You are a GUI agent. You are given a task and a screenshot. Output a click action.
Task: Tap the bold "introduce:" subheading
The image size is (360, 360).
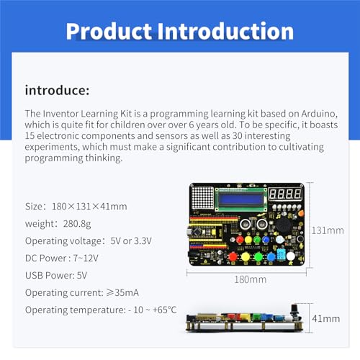[x=57, y=91]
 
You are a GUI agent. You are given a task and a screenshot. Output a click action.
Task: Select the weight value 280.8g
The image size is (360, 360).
[x=77, y=224]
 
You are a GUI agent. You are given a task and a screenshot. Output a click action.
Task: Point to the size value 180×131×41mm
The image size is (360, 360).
[x=89, y=207]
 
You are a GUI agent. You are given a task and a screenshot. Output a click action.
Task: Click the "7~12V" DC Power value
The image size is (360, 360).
[x=86, y=258]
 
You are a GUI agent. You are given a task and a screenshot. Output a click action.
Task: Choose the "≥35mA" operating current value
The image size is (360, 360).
[x=122, y=292]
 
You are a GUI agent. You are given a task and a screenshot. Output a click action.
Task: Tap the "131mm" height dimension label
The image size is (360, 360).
[x=328, y=230]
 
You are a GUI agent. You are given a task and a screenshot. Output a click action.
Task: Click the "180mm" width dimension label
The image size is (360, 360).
[x=251, y=279]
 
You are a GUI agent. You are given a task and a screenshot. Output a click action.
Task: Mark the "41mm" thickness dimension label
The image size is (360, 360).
[x=326, y=319]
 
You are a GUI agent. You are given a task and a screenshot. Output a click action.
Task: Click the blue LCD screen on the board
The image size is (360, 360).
[x=241, y=199]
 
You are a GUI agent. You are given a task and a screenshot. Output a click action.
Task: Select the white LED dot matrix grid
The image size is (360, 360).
[x=203, y=197]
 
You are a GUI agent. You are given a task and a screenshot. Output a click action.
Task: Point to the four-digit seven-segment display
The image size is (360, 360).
[x=285, y=194]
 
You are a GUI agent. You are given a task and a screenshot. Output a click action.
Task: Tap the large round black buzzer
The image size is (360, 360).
[x=284, y=225]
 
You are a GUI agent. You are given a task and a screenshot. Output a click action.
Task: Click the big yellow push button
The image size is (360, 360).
[x=246, y=257]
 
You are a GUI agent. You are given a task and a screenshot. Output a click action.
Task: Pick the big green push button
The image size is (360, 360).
[x=258, y=257]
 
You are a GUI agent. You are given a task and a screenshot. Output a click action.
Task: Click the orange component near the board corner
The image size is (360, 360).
[x=300, y=213]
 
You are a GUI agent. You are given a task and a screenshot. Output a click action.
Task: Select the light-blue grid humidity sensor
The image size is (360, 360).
[x=281, y=254]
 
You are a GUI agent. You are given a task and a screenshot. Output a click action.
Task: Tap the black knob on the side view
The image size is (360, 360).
[x=294, y=312]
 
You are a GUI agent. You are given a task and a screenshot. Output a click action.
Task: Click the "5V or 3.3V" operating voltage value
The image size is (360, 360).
[x=131, y=241]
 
